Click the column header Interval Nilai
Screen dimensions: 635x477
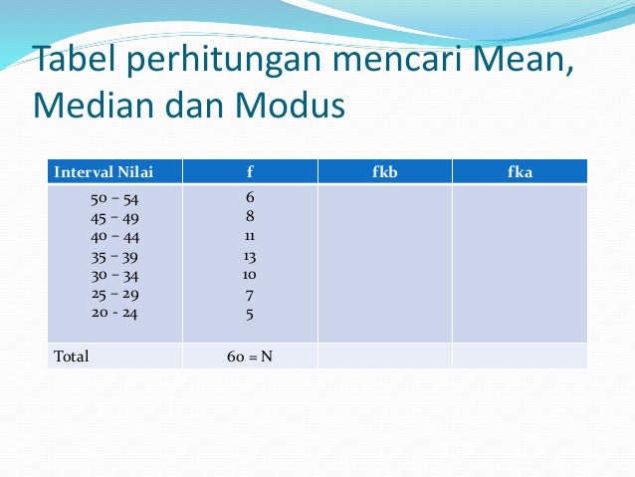pos(104,172)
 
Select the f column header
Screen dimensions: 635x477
pos(250,172)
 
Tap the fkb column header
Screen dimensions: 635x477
pos(385,172)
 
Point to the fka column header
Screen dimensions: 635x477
pos(520,172)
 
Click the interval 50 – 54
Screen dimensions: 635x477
pos(114,199)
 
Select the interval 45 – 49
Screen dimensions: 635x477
pos(114,218)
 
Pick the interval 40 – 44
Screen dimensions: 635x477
pos(115,237)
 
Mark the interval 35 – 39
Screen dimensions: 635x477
pos(114,257)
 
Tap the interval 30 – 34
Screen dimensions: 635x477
pos(114,276)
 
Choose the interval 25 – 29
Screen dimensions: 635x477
pos(115,294)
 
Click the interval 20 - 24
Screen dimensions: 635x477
pos(114,313)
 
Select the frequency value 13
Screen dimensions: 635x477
pos(250,257)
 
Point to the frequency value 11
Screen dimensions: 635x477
pos(250,236)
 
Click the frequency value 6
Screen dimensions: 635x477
pos(250,197)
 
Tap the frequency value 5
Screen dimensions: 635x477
pos(250,315)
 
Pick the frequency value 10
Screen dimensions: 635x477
pos(250,275)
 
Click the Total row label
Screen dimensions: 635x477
pos(72,357)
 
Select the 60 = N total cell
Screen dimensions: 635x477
pos(250,357)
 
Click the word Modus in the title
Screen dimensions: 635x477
pos(290,105)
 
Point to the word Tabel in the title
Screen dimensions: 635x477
pos(77,58)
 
